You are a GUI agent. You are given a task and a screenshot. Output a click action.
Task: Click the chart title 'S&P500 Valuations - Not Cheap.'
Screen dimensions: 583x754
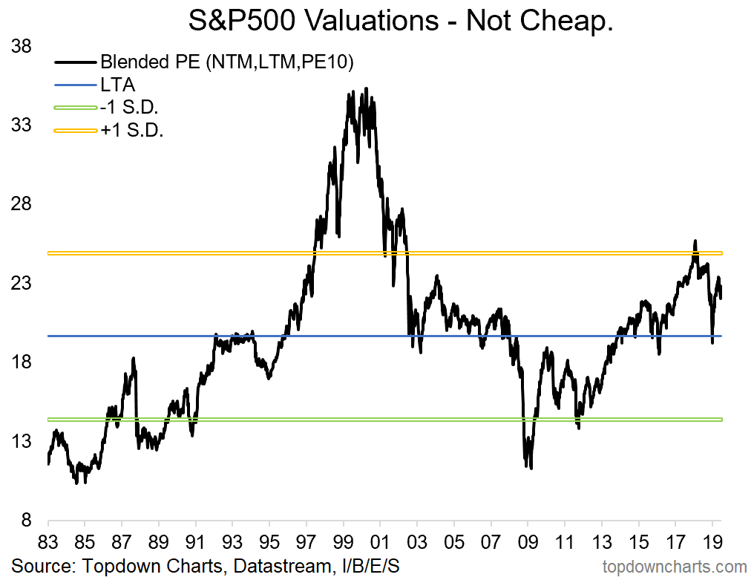point(401,21)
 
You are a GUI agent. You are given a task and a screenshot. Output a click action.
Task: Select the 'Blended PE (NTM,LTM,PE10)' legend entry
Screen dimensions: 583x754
point(226,62)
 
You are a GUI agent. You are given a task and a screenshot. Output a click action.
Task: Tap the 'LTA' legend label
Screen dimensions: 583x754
point(117,85)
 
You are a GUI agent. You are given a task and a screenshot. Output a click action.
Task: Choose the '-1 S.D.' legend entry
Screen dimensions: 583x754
point(131,108)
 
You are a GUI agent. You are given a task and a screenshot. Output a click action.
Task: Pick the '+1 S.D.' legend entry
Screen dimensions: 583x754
point(132,131)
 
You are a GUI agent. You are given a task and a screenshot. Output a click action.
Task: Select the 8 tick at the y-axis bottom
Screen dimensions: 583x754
point(25,520)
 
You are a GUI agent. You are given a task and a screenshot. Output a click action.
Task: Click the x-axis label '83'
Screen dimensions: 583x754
point(47,541)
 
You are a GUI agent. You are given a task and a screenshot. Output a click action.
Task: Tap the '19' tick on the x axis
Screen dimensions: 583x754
point(712,541)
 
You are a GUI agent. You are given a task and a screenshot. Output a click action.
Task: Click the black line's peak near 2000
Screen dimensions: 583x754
point(365,89)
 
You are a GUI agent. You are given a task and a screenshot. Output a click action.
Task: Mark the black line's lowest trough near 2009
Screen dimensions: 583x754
point(531,467)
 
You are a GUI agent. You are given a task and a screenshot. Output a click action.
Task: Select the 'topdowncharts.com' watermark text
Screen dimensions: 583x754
point(674,567)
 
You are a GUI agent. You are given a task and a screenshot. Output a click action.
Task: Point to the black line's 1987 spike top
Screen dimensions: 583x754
point(134,359)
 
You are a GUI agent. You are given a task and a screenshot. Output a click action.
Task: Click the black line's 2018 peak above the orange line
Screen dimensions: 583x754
point(695,241)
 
